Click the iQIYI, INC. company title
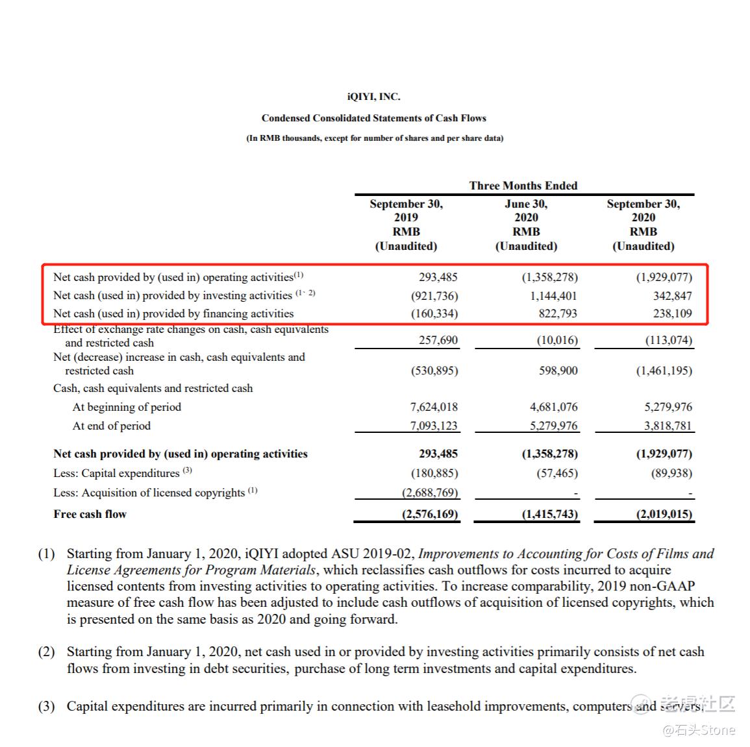point(373,97)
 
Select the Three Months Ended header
point(523,186)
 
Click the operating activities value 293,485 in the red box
point(438,277)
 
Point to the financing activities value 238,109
point(672,313)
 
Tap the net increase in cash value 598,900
point(558,371)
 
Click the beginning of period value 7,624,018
point(434,407)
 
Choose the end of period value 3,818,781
point(668,426)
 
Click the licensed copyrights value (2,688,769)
point(429,493)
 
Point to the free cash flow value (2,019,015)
point(664,514)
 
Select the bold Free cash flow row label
point(90,514)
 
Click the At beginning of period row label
point(127,407)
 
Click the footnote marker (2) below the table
point(46,652)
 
